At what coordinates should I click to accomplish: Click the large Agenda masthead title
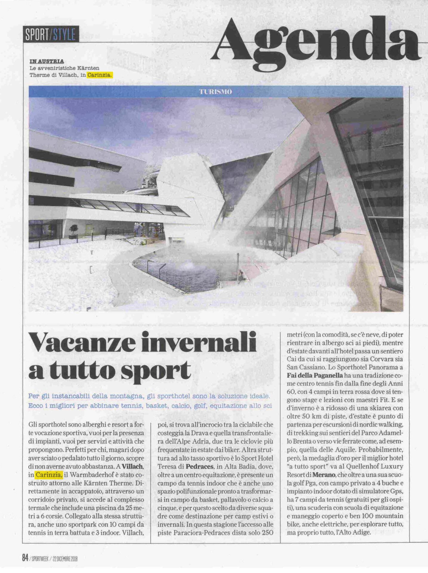click(x=316, y=40)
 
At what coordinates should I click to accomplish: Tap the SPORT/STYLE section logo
click(x=51, y=35)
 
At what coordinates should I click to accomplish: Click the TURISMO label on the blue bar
click(x=215, y=92)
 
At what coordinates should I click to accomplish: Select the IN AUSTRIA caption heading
click(x=47, y=61)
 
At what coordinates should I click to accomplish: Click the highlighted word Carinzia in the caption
click(x=100, y=75)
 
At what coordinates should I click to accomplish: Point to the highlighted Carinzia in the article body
click(x=49, y=475)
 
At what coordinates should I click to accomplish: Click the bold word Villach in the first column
click(x=133, y=466)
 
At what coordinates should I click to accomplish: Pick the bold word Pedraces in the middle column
click(x=200, y=466)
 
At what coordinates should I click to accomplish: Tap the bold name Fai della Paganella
click(x=315, y=375)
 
